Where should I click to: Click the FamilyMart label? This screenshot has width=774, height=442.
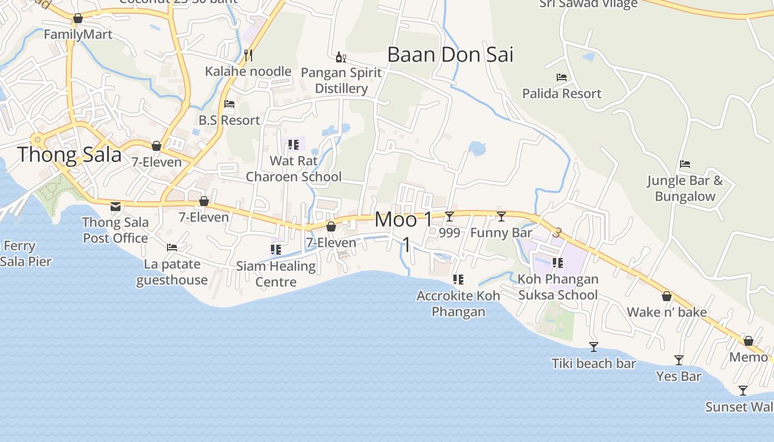tap(78, 34)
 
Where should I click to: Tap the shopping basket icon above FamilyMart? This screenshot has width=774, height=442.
tap(78, 18)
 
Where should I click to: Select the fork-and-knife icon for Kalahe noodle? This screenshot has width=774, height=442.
tap(248, 55)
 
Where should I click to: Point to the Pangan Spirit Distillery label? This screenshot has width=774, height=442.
tap(341, 81)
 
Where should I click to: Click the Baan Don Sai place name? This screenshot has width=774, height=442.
tap(450, 55)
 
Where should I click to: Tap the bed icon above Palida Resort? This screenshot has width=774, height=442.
tap(562, 77)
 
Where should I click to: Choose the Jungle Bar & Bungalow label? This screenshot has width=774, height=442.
tap(685, 188)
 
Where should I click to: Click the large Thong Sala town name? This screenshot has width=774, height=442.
tap(69, 155)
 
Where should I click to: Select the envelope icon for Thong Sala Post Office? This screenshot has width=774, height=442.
tap(116, 207)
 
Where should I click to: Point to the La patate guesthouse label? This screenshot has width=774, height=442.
tap(172, 272)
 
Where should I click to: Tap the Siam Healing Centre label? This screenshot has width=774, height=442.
tap(276, 274)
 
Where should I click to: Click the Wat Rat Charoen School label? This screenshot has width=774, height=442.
tap(294, 169)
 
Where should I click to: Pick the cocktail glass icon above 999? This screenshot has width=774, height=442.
tap(449, 216)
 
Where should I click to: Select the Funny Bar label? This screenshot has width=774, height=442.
tap(501, 233)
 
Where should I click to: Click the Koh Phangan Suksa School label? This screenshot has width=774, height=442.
tap(558, 287)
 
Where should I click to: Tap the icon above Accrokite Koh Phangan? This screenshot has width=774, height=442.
tap(458, 280)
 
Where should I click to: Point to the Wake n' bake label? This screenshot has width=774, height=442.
tap(667, 312)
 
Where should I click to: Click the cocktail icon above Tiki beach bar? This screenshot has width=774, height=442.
tap(594, 347)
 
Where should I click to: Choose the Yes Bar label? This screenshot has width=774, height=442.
tap(678, 376)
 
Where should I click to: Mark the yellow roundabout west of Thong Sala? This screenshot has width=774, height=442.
tap(38, 139)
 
